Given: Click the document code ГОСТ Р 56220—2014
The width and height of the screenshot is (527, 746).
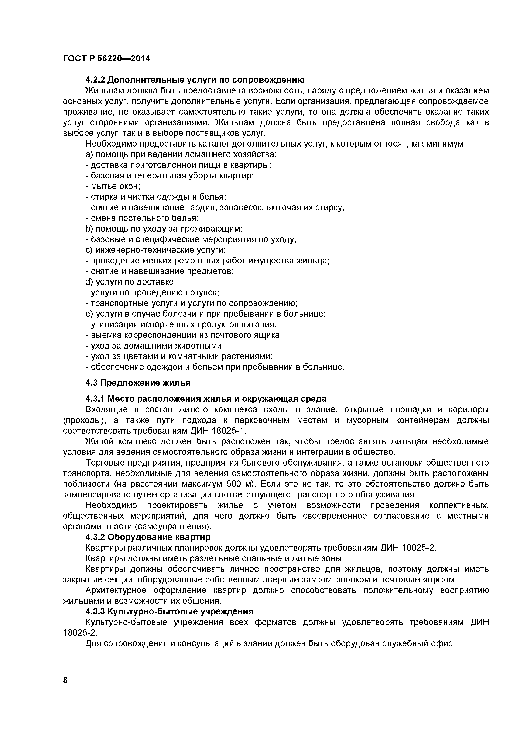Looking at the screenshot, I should (106, 59).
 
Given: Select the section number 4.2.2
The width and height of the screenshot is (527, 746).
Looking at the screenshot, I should (95, 80).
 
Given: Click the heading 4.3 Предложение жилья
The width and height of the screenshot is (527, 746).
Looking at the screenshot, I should (138, 383).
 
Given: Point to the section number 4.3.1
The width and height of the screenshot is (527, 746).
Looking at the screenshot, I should (95, 399).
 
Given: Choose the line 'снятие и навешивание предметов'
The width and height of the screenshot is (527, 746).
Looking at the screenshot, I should (159, 271).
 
